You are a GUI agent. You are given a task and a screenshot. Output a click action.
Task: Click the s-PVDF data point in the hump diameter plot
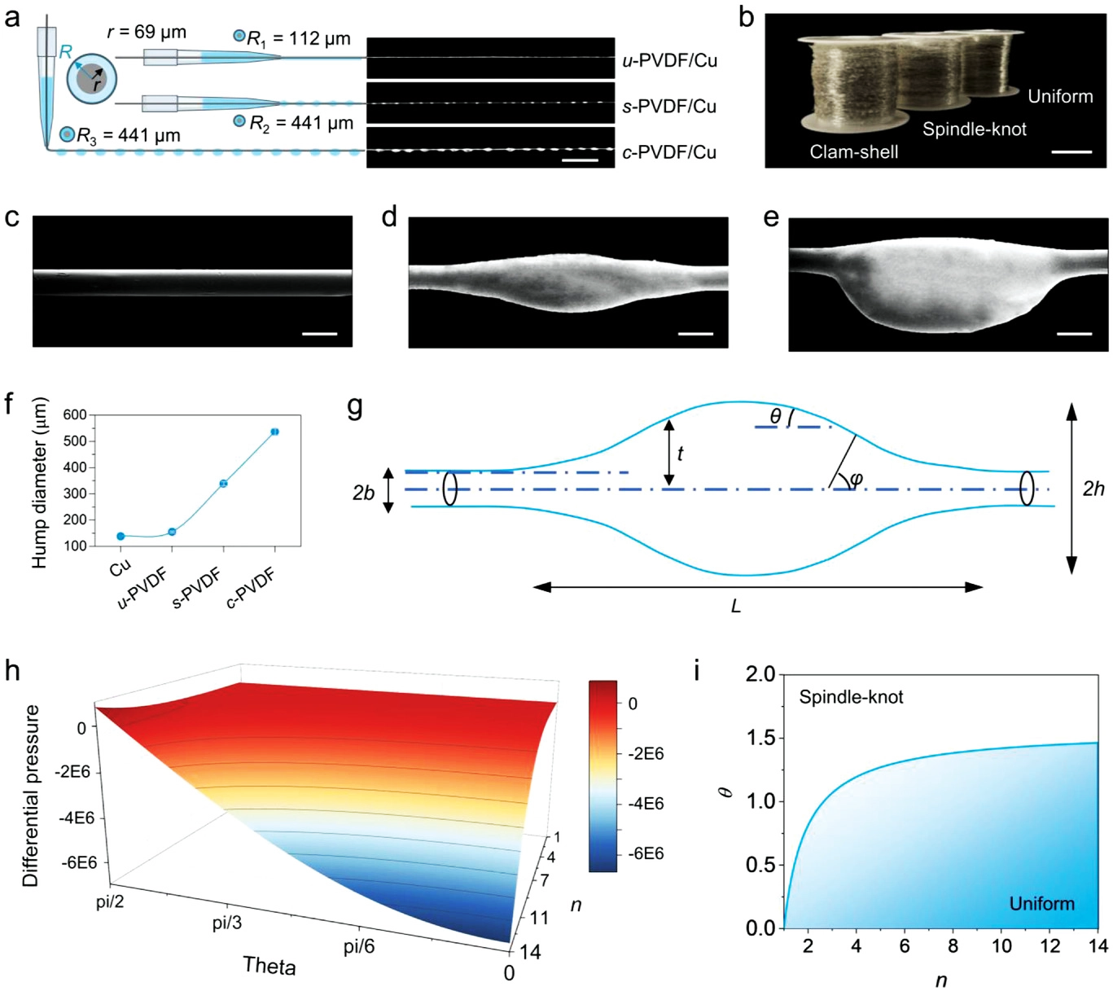point(223,484)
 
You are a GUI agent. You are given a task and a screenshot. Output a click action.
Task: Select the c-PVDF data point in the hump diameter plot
point(275,432)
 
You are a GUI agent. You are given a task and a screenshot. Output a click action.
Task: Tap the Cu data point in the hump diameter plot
point(121,536)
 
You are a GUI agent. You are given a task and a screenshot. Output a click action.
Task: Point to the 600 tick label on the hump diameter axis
point(74,415)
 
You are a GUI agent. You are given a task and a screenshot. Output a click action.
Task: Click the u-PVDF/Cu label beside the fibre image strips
point(669,60)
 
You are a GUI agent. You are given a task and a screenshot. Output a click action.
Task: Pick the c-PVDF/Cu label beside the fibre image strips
point(669,152)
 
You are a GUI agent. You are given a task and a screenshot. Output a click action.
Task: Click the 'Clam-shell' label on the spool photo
point(854,151)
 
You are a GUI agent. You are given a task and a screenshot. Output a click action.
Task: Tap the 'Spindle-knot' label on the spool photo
point(974,129)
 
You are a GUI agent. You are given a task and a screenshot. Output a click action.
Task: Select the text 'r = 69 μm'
point(147,33)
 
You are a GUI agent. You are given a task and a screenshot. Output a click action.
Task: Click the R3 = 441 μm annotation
point(128,135)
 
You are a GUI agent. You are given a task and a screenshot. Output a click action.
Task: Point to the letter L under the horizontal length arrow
point(736,607)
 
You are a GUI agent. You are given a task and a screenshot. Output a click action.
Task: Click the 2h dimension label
point(1093,489)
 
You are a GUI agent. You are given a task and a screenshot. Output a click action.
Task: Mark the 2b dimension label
point(363,493)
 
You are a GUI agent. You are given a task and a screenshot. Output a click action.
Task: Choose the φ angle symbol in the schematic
point(856,480)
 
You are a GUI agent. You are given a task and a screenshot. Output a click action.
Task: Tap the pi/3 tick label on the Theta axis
point(226,923)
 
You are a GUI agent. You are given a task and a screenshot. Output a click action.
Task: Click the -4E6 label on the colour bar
point(645,804)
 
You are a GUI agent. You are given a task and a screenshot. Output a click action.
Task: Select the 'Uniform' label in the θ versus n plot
point(1041,904)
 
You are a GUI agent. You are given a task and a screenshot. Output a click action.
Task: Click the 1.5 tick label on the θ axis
point(760,739)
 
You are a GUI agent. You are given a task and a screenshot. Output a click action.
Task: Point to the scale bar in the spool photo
point(1071,152)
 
